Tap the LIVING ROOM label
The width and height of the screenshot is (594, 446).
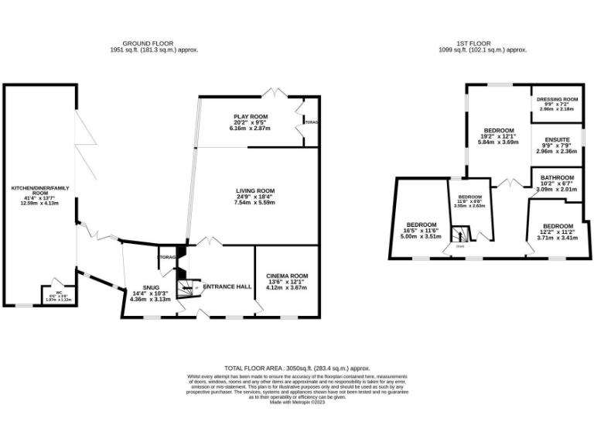pos(256,190)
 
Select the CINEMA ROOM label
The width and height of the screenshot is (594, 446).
pos(287,276)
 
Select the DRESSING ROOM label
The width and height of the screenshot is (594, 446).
pos(558,100)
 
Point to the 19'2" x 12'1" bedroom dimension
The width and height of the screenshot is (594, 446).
pos(498,136)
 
